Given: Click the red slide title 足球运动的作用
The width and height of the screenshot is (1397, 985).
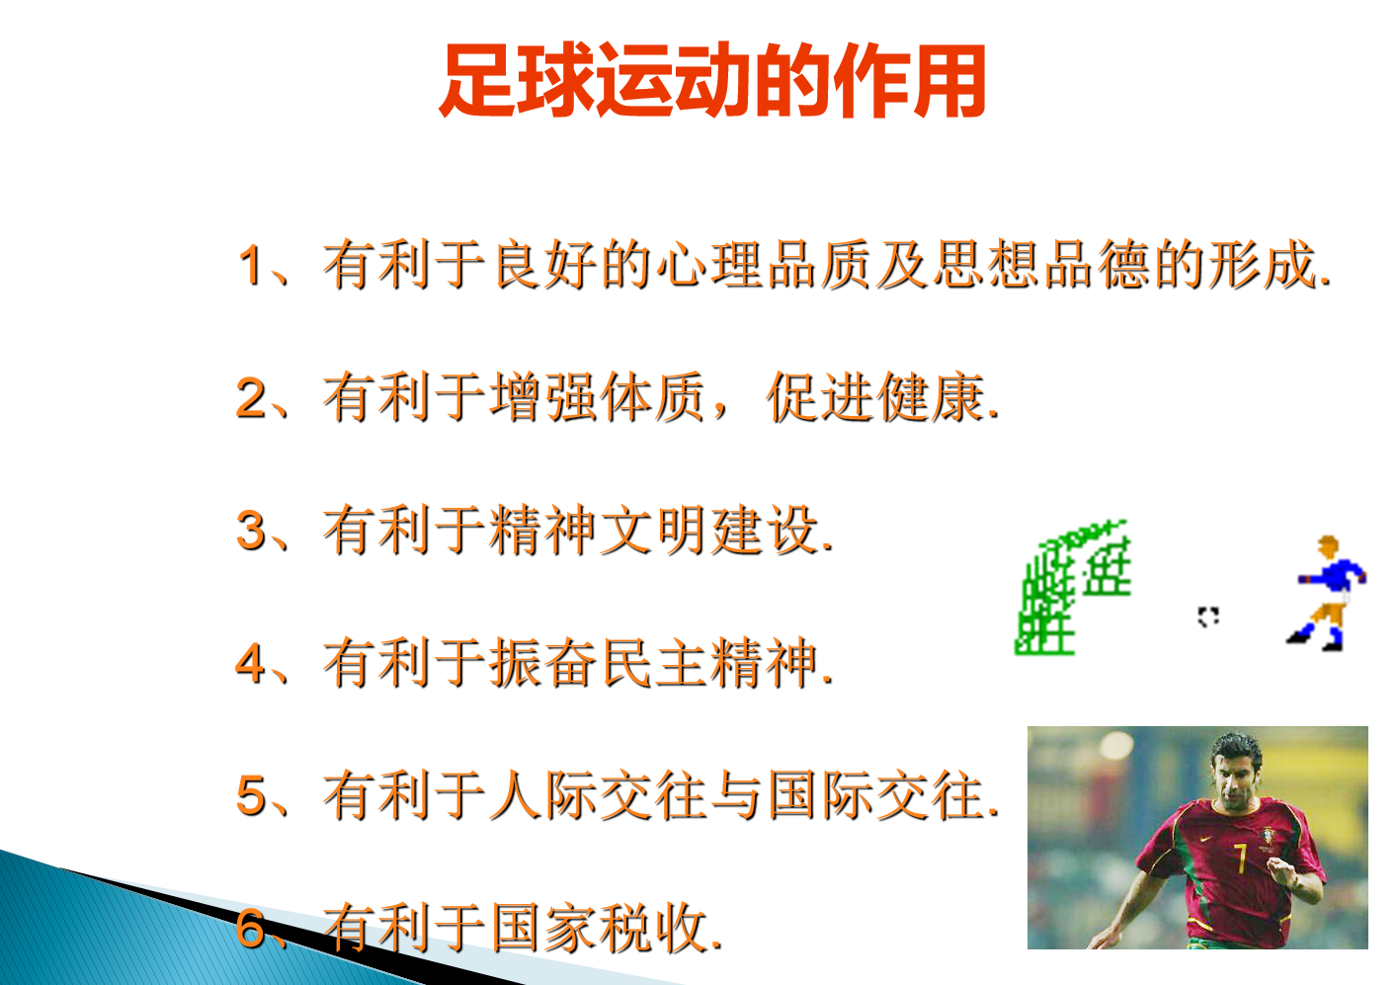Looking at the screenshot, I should point(712,81).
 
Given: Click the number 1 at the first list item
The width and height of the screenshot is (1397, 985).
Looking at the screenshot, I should point(251,266).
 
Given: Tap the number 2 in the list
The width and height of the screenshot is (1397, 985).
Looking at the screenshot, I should point(251,398).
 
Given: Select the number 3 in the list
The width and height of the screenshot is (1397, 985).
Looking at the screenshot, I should point(251,531).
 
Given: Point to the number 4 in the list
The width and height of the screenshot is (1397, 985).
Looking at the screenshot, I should point(251,663).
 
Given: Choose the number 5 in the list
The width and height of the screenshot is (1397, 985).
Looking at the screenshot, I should point(251,795).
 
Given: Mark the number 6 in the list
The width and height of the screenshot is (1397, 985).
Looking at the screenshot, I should point(251,928).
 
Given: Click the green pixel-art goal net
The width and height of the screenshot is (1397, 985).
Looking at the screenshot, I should point(1070,588).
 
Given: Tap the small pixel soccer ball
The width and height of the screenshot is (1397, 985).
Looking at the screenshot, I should point(1207,617).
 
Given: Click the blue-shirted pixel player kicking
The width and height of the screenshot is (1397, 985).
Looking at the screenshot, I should point(1328,593).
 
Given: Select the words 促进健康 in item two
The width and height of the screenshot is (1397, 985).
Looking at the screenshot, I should point(876,398).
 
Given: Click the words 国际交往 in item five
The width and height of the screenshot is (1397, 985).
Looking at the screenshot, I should point(876,795).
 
